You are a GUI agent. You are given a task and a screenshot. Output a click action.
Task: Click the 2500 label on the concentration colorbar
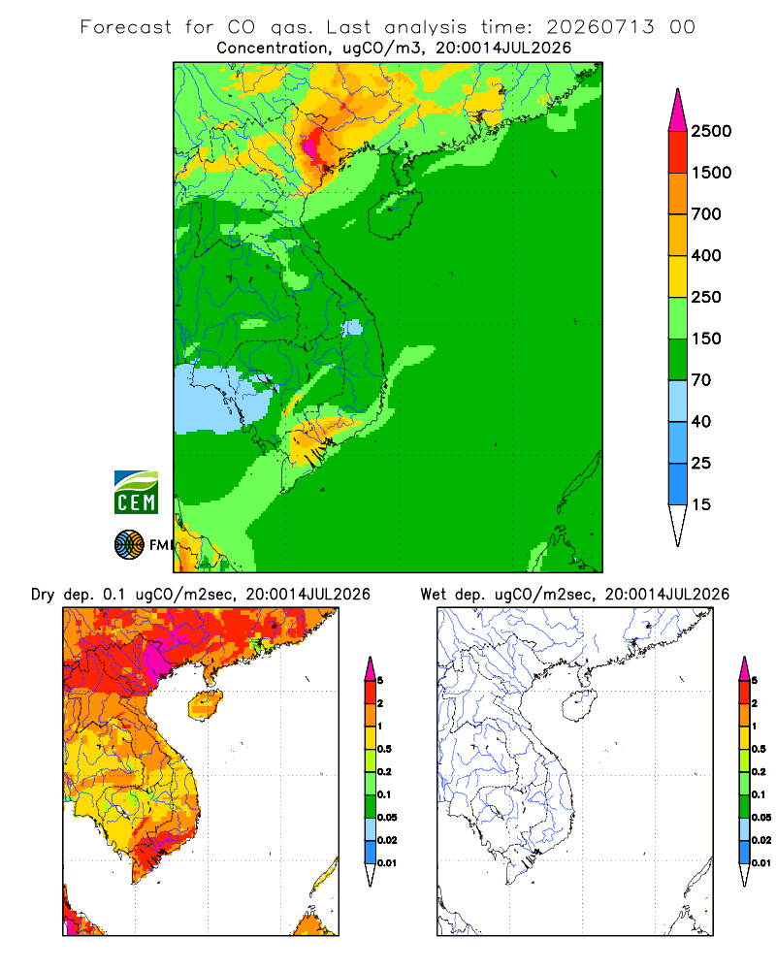pos(711,131)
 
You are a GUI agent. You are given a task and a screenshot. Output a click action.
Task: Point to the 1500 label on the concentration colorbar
pos(711,173)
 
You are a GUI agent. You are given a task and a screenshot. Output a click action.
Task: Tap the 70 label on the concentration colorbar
pos(700,380)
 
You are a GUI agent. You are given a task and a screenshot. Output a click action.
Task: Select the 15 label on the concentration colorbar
pos(700,504)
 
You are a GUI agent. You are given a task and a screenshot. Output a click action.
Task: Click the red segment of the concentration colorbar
pos(678,152)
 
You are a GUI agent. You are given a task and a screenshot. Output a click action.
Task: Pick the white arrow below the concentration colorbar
pos(678,524)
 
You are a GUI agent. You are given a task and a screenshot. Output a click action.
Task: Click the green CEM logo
pos(136,493)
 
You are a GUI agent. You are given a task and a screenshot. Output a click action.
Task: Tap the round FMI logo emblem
pos(129,545)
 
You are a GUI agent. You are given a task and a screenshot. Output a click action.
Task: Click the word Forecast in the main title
pos(126,27)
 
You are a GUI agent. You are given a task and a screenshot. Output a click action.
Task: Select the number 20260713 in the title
pos(600,27)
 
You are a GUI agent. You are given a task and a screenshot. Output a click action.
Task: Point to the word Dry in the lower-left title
pos(43,595)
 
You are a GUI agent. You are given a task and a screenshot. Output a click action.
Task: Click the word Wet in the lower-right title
pos(433,595)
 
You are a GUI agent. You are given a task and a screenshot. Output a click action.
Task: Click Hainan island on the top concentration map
pos(394,214)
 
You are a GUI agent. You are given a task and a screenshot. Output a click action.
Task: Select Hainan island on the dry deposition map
pos(206,705)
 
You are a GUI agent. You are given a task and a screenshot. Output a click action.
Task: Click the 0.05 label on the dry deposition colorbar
pos(387,818)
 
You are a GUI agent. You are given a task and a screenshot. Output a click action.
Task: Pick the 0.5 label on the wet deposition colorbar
pos(759,749)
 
